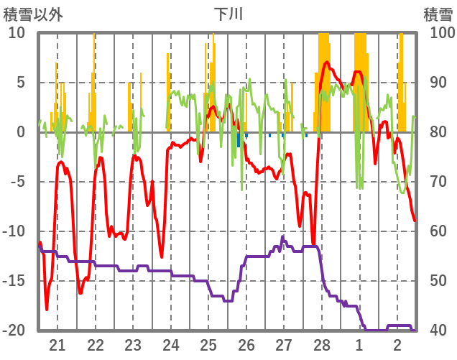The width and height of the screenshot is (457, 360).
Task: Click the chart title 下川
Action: click(229, 14)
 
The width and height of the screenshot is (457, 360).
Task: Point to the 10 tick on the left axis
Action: click(17, 33)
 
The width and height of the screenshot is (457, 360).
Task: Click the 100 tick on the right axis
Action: click(439, 33)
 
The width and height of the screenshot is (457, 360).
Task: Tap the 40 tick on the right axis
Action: click(436, 331)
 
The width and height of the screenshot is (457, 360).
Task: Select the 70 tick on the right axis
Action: click(436, 182)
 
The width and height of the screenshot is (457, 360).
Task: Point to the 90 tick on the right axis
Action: click(436, 83)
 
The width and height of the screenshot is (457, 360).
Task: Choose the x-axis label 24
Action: click(171, 344)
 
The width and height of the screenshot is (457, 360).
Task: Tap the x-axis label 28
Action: click(322, 344)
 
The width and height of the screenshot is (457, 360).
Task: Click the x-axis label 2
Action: click(397, 344)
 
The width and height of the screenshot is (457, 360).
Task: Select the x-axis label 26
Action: click(246, 344)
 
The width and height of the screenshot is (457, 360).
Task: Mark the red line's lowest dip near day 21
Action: click(47, 309)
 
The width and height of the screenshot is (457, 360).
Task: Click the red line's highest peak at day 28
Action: click(328, 63)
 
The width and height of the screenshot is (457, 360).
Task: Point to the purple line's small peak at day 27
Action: click(283, 236)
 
